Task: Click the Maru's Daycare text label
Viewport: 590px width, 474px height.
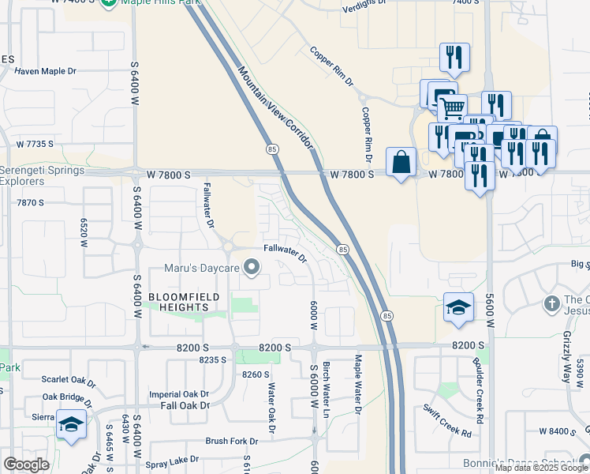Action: pos(201,269)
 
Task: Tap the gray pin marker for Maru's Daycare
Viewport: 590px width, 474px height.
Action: pos(252,269)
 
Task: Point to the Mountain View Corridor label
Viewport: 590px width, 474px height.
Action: pos(276,109)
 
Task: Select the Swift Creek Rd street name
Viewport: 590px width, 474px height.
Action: pos(446,421)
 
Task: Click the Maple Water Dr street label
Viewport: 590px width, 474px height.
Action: pos(357,384)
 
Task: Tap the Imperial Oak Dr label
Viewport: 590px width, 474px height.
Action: pos(180,393)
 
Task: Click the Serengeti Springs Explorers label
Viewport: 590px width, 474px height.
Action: pos(33,175)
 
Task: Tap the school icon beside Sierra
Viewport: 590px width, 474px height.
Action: pos(71,424)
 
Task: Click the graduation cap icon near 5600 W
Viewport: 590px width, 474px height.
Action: pos(458,307)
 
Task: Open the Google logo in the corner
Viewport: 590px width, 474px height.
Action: pos(26,464)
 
